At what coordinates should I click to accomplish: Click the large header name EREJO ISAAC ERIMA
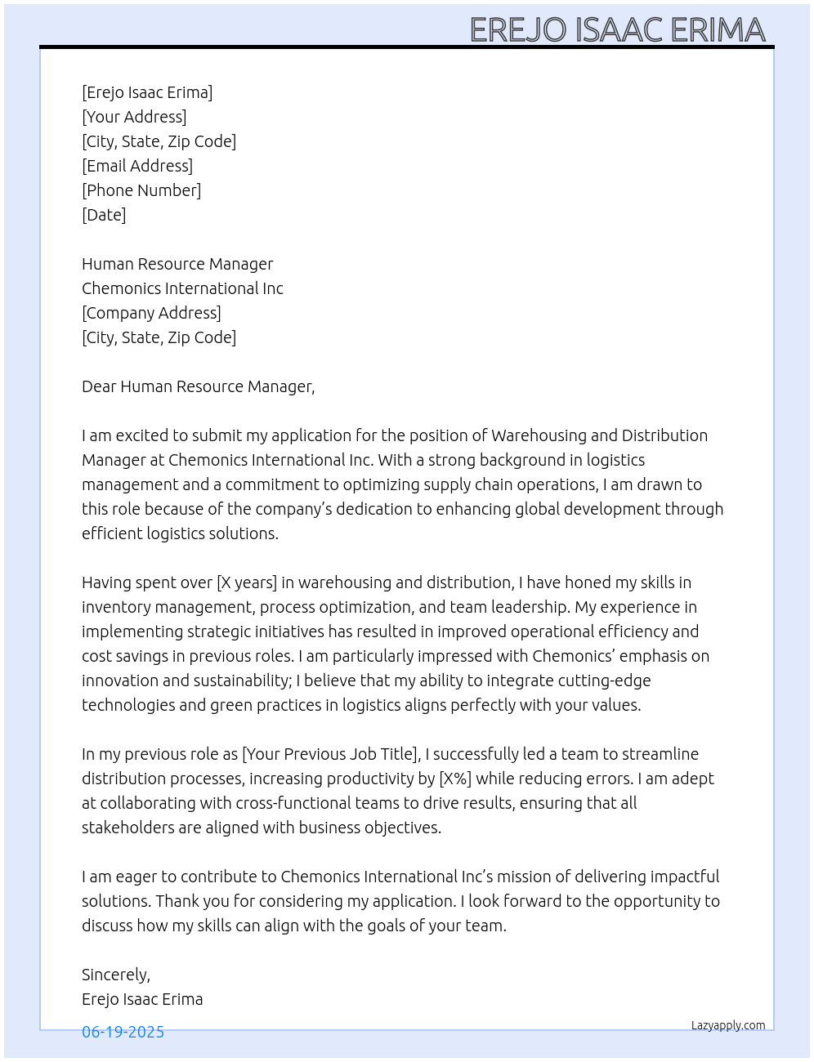point(617,30)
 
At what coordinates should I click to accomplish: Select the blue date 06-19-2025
point(123,1032)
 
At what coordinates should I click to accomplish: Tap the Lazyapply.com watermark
point(728,1025)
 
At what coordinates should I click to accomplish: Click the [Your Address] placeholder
point(134,117)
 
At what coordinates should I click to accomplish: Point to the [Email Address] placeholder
point(137,166)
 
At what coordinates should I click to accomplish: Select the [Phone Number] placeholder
point(141,190)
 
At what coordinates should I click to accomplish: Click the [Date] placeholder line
point(104,215)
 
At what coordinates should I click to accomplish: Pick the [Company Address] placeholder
point(151,313)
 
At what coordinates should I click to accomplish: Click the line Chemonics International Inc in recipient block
point(182,288)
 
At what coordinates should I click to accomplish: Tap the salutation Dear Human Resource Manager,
point(198,386)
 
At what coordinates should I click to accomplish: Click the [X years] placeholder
point(247,582)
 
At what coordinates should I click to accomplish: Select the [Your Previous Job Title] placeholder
point(331,754)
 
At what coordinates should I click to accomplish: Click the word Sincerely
point(115,975)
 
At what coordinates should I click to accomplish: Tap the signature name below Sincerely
point(142,999)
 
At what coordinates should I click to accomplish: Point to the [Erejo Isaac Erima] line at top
point(147,92)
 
